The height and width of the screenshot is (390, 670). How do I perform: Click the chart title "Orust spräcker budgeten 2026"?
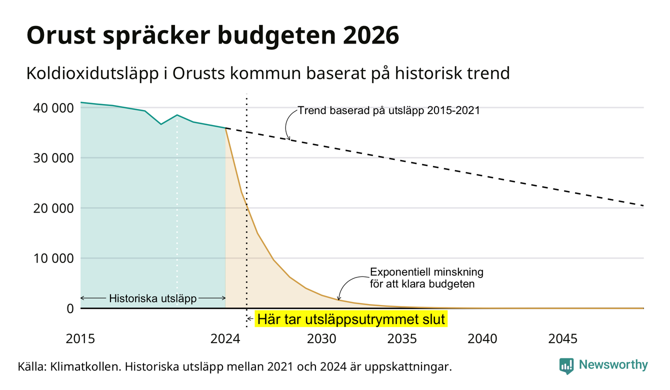click(212, 35)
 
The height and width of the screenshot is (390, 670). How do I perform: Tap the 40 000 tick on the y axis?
click(53, 108)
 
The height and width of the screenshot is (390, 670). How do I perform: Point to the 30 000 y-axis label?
click(53, 158)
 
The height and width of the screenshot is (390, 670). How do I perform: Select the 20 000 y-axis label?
click(53, 208)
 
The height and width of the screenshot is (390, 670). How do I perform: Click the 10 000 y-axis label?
click(53, 258)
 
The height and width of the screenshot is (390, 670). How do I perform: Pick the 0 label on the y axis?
click(70, 308)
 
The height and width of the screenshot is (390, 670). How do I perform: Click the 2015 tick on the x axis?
click(80, 339)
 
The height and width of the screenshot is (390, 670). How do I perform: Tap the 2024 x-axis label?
click(225, 339)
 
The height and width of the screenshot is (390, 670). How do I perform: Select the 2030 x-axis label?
click(322, 339)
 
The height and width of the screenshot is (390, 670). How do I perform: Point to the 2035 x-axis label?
click(402, 339)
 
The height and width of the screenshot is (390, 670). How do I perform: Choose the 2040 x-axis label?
click(482, 339)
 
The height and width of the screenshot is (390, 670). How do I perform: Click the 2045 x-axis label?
click(563, 339)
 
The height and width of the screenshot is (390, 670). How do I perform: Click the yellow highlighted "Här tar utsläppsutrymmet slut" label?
click(351, 319)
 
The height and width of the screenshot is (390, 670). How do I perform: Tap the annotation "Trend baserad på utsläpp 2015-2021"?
click(389, 110)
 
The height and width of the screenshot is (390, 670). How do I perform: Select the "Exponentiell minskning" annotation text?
click(427, 272)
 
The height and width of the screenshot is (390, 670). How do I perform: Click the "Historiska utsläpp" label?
click(153, 298)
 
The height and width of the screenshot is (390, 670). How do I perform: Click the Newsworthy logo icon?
click(566, 366)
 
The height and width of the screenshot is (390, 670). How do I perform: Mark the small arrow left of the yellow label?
click(250, 319)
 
